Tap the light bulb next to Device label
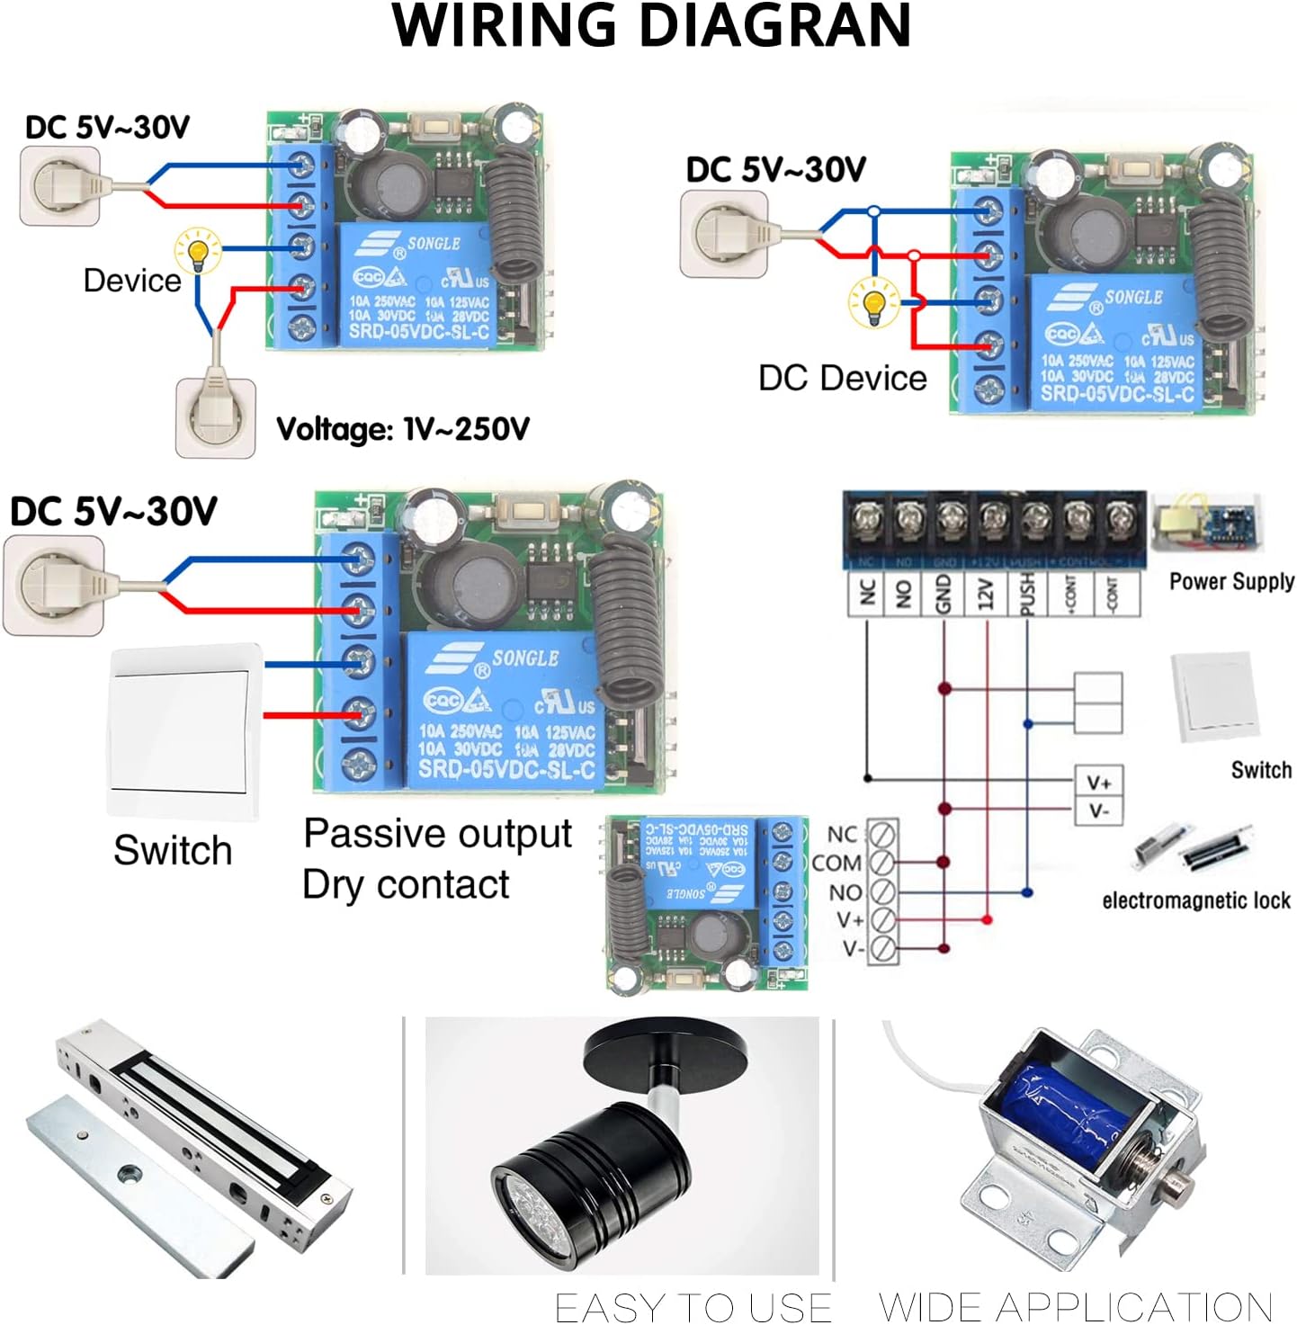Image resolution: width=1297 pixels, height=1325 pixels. click(198, 252)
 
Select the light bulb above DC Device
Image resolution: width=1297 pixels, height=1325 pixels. click(873, 303)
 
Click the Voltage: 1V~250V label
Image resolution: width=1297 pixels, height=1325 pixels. click(403, 429)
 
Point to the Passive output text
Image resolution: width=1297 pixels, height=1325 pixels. click(437, 833)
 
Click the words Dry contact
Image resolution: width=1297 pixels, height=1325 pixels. click(406, 884)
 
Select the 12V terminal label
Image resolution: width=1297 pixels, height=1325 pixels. click(986, 595)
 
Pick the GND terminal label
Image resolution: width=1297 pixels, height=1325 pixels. click(944, 595)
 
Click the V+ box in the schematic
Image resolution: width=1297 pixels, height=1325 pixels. click(1099, 782)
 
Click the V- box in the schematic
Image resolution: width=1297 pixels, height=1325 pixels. click(1099, 810)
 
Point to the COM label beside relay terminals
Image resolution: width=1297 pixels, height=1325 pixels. click(836, 863)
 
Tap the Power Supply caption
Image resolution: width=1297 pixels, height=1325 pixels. click(1231, 581)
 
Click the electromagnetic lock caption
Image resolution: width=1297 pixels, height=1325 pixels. click(1195, 900)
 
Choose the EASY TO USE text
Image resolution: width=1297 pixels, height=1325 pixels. click(693, 1306)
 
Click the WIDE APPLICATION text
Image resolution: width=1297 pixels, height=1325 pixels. click(1075, 1306)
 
